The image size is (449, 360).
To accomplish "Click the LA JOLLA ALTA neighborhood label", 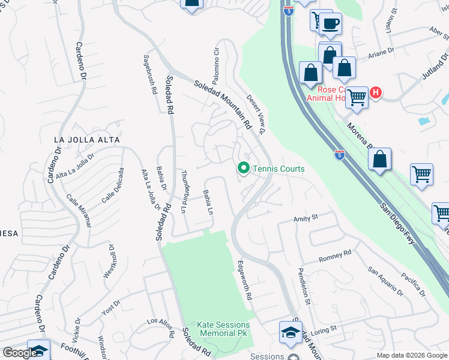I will (87, 140).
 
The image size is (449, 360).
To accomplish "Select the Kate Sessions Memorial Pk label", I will (224, 329).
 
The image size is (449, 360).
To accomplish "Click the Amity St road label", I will (304, 220).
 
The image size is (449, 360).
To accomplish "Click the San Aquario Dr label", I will (385, 281).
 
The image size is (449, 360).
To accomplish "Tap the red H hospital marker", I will (376, 93).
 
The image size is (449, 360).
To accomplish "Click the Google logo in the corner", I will (20, 353).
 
